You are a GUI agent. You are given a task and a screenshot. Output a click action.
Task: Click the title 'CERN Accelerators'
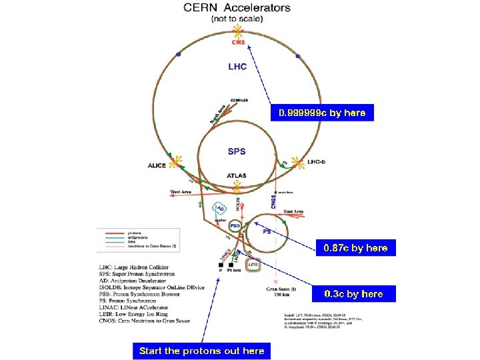pyautogui.click(x=237, y=9)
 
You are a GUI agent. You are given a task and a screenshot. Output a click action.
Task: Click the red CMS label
pyautogui.click(x=239, y=43)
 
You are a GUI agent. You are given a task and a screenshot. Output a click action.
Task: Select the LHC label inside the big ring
pyautogui.click(x=237, y=67)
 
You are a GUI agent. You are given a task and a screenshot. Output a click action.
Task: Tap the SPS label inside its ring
pyautogui.click(x=237, y=151)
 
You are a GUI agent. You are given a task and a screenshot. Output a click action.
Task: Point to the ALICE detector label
pyautogui.click(x=157, y=165)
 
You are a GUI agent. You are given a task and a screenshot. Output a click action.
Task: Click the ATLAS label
pyautogui.click(x=236, y=176)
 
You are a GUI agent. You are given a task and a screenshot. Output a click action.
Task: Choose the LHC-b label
pyautogui.click(x=315, y=162)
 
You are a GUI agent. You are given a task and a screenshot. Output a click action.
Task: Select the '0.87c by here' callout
pyautogui.click(x=355, y=248)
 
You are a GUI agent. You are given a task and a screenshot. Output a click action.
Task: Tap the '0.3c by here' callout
pyautogui.click(x=353, y=293)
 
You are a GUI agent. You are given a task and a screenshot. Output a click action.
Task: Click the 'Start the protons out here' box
pyautogui.click(x=201, y=350)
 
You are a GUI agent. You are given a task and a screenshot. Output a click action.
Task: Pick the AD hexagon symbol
pyautogui.click(x=221, y=209)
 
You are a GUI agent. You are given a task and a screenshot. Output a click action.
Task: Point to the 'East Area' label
pyautogui.click(x=293, y=211)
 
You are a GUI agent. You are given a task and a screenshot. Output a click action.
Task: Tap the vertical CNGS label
pyautogui.click(x=273, y=199)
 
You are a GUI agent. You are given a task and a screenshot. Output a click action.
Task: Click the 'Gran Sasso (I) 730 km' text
pyautogui.click(x=280, y=292)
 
